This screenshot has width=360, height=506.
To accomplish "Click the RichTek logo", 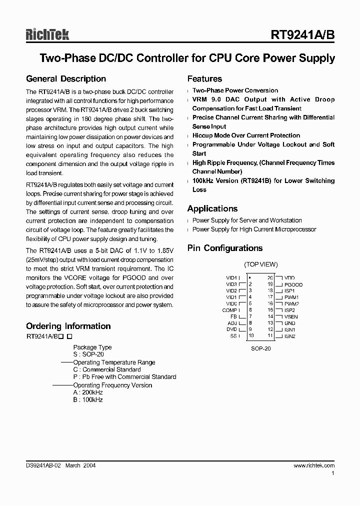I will pos(47,34).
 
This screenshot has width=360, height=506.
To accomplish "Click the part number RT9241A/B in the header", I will pos(302,35).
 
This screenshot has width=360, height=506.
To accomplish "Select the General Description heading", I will pos(66,79).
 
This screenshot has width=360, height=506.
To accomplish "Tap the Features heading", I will pos(204,79).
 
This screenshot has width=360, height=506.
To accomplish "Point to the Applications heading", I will pos(212,208).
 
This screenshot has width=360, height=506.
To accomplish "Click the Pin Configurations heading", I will pos(224,248).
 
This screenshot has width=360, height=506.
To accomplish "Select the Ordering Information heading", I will pos(68,326).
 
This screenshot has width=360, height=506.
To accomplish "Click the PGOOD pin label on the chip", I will pos(293,284).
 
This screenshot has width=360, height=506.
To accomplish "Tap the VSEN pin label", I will pos(290,316).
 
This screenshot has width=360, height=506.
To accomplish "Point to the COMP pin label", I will pos(230,310).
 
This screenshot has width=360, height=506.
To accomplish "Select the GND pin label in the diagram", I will pos(289,323).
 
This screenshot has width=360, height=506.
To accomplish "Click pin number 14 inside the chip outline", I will pos(270,316).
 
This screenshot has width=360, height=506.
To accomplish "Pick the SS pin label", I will pos(233,336).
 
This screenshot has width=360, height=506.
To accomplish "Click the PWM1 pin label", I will pos(291,297).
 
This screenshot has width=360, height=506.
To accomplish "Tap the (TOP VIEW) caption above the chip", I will pos(260,264).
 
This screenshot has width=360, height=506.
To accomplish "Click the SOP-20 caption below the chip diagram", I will pos(260,348).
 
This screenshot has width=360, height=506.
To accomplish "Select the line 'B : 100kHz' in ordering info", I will pos(88,400).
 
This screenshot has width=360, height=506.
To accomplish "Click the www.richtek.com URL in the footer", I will pos(313,465).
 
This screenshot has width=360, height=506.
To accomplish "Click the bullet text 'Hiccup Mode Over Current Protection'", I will pos(246,135).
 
